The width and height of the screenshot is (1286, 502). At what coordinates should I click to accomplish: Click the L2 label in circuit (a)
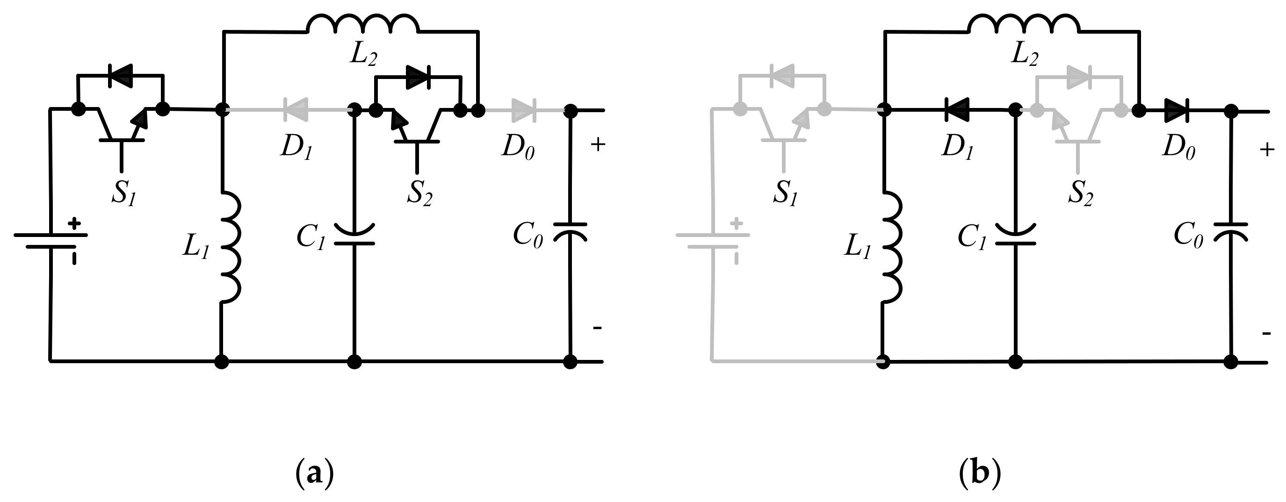363,55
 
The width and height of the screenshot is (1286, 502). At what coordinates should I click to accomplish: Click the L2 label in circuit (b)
1025,55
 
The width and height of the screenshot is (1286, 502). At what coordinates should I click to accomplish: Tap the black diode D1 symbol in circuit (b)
957,110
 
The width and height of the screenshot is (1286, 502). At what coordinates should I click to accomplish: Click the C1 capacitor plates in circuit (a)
354,236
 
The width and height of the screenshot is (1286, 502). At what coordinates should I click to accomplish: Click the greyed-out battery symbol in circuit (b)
713,241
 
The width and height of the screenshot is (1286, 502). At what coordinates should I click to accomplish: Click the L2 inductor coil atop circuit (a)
362,23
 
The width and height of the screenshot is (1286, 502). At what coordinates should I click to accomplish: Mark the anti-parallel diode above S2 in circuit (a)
419,77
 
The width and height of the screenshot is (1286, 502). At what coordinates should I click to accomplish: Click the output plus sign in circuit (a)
598,145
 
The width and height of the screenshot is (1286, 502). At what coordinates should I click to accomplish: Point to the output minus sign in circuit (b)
1266,333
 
